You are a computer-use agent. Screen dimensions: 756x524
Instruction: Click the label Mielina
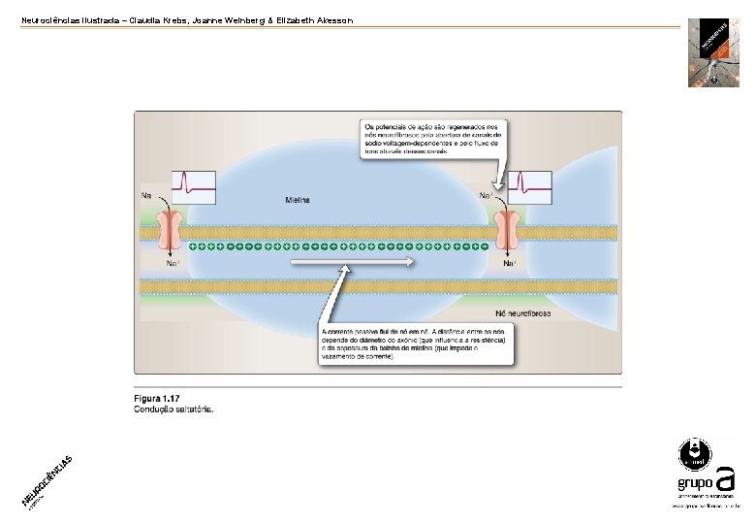point(298,200)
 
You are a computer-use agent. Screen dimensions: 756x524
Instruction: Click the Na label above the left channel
point(147,196)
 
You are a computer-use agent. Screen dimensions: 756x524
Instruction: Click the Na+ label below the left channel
point(172,263)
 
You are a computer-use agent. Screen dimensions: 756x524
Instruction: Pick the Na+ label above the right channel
point(486,196)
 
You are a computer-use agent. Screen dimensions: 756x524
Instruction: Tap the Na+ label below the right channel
point(509,263)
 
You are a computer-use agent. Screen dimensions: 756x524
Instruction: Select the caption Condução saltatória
point(173,409)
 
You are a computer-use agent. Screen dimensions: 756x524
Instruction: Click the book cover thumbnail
point(713,52)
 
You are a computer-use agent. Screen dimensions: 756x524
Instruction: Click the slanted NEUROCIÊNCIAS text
point(47,481)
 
